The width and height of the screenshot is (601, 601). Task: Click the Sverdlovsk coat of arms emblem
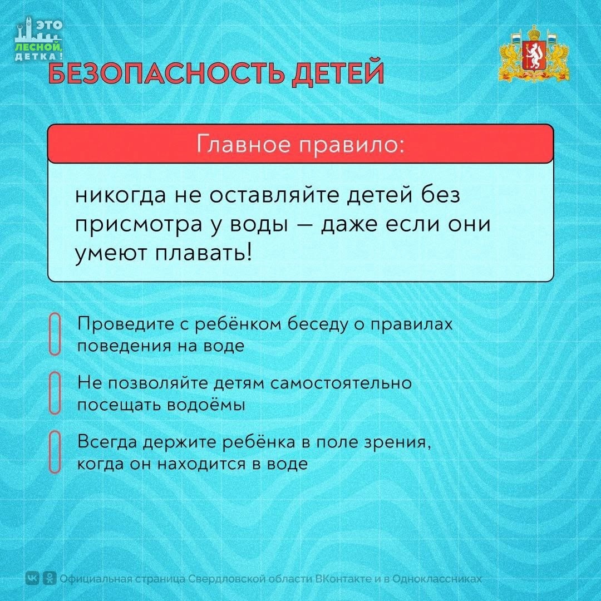[534, 53]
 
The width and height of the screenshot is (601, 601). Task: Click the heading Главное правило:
[300, 145]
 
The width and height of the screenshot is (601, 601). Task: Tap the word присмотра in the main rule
[139, 225]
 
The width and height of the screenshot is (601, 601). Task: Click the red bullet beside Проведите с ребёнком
[55, 334]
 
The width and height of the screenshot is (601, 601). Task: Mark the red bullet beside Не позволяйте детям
[55, 393]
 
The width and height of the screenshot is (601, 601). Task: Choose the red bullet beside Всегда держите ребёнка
[55, 452]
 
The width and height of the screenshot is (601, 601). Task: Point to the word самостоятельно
[341, 383]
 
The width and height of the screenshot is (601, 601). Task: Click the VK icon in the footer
[33, 578]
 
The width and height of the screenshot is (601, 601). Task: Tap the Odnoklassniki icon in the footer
[50, 578]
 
